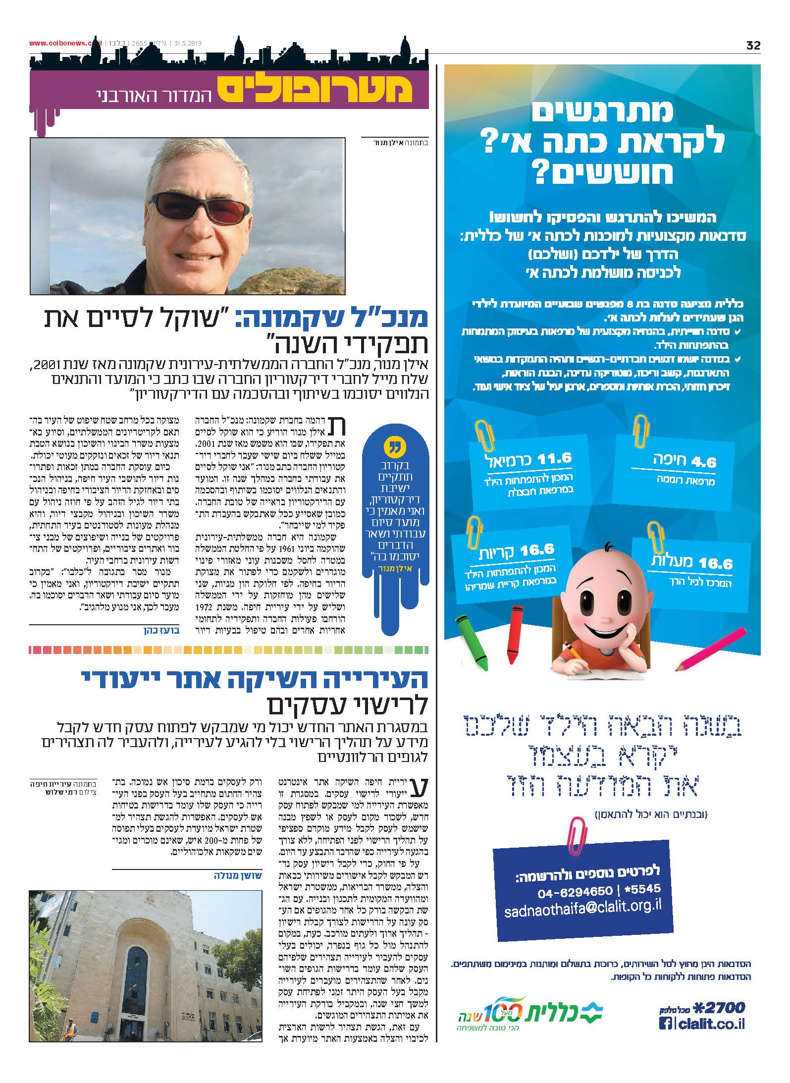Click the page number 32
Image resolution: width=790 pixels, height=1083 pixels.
[x=753, y=45]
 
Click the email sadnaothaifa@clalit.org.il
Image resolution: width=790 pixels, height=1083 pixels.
[x=582, y=911]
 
